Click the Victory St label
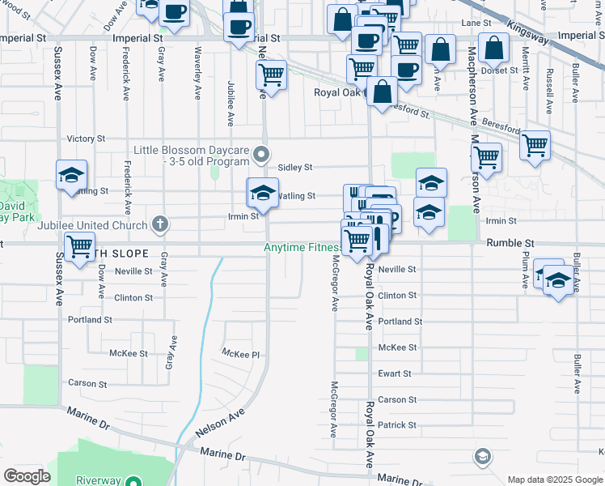point(86,139)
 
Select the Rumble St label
point(510,243)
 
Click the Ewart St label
point(395,373)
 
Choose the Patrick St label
point(396,425)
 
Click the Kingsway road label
point(529,34)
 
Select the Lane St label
point(476,23)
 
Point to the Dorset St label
point(498,70)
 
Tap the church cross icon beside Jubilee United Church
point(160,224)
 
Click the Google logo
point(27,476)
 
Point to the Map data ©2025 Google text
point(554,480)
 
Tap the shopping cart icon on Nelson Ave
point(271,75)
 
